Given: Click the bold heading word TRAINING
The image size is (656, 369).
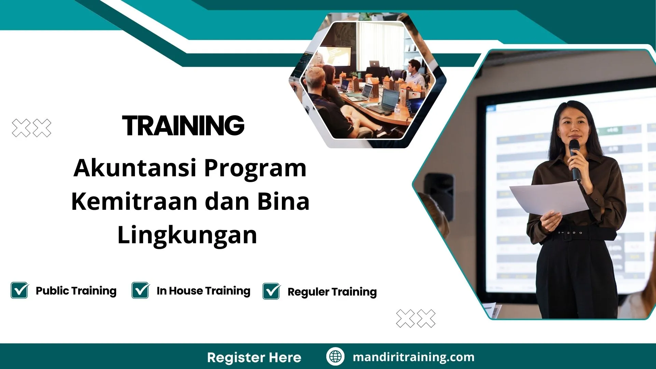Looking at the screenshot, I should coord(183,125).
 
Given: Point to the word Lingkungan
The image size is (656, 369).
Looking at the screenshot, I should coord(187,235).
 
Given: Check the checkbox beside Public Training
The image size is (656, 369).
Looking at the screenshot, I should coord(19,290).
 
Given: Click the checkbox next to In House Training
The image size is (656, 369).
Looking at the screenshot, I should coord(140,290).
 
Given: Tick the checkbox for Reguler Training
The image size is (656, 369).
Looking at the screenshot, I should coord(271,291).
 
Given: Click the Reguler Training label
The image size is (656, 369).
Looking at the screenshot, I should coord(332,292).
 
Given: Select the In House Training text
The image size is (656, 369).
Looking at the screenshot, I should coord(203,291).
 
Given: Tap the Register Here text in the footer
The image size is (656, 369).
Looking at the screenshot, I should coord(254,357).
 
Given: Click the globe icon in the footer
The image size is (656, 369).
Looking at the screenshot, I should coord(335,357).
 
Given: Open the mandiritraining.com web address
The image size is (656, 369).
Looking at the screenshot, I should coord(413,357).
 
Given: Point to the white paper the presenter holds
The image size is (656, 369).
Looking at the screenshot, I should coord(548,198).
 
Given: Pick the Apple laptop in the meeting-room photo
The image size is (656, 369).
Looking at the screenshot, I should coord(375,64).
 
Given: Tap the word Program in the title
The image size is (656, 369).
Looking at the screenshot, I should coord(255,168).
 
